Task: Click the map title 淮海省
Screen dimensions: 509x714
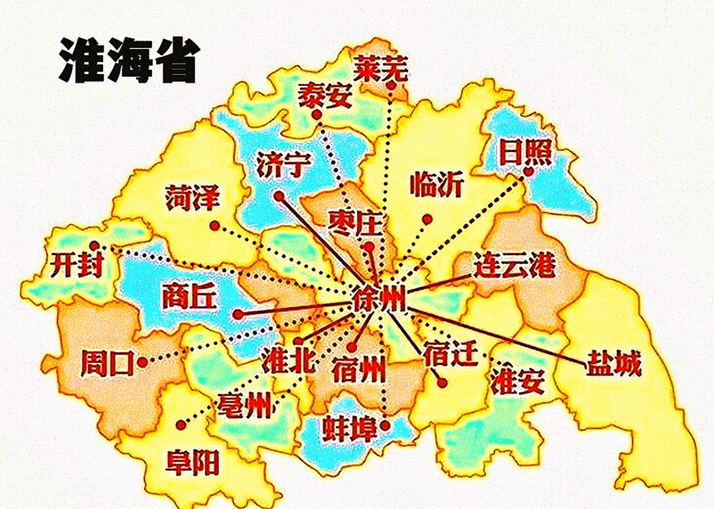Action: [x=128, y=60]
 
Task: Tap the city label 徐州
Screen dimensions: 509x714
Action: [x=379, y=298]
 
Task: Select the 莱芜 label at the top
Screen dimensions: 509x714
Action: [x=381, y=68]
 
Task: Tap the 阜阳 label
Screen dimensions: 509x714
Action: [x=193, y=462]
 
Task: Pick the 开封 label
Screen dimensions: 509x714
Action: [x=76, y=264]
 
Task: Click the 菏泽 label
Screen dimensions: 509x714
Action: [x=193, y=197]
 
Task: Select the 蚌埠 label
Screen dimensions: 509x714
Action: [x=349, y=429]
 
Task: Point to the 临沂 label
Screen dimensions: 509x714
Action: [x=437, y=184]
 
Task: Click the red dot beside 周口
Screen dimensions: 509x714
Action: [x=142, y=362]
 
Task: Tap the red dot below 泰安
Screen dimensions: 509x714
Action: [x=317, y=115]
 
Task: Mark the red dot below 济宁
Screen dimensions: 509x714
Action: [x=279, y=196]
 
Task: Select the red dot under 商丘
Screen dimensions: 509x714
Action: [x=238, y=315]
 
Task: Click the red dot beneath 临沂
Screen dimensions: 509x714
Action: [x=428, y=219]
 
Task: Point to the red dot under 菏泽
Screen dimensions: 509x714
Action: [x=215, y=226]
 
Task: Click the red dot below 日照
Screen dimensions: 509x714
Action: [x=528, y=172]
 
